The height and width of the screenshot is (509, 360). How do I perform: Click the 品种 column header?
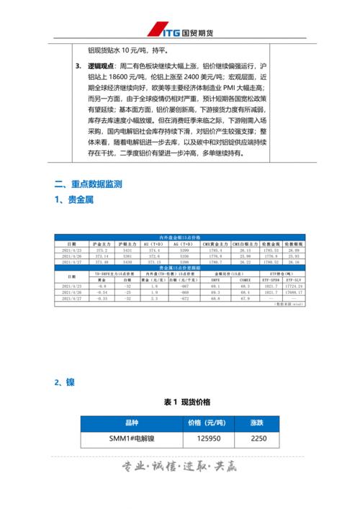131,423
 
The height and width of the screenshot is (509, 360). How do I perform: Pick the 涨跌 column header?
258,423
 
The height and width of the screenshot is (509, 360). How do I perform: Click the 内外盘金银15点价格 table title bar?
180,238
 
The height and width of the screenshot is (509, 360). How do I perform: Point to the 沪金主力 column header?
102,244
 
